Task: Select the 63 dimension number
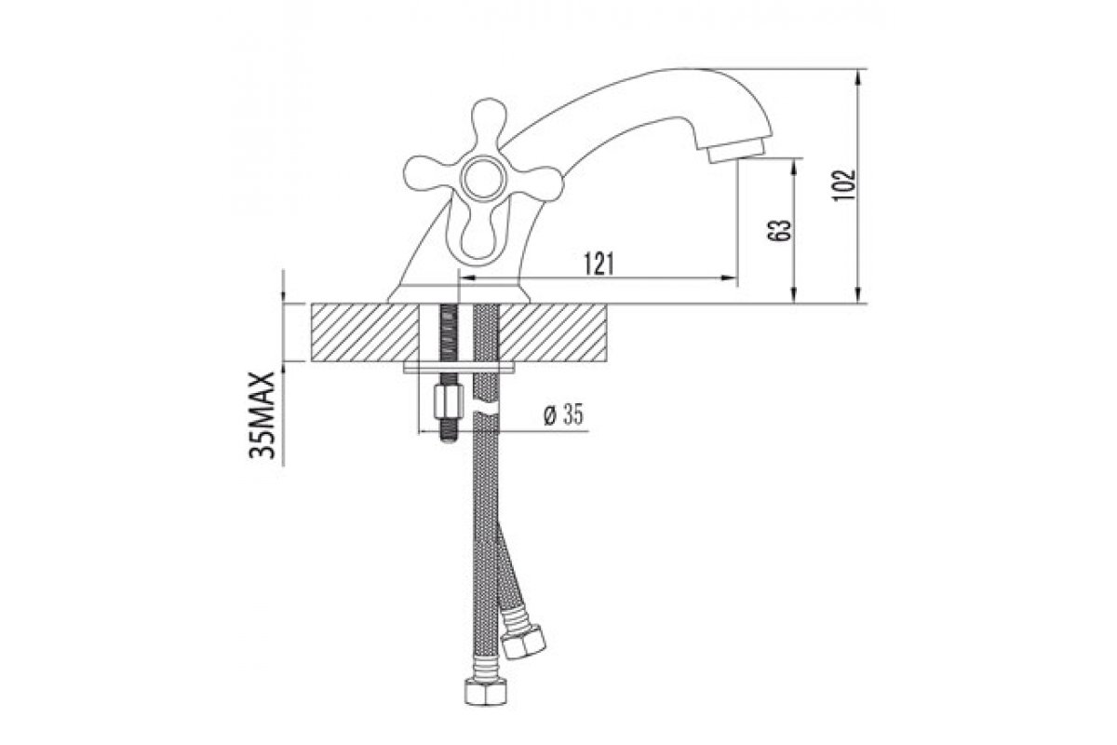781,229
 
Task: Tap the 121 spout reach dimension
599,264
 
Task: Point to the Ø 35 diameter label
563,415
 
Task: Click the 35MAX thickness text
262,415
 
